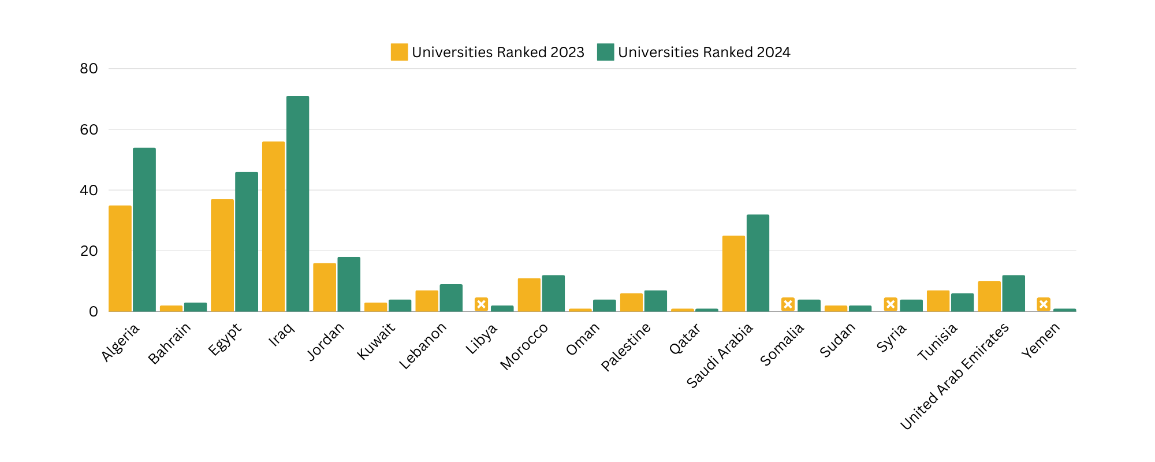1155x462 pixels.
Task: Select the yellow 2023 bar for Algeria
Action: (120, 259)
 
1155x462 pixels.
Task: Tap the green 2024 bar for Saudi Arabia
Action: (758, 263)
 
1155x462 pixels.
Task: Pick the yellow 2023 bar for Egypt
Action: (222, 255)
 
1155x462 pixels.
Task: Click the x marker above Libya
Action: (481, 304)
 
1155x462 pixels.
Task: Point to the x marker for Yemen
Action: (1043, 304)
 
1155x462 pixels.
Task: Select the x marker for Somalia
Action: (788, 304)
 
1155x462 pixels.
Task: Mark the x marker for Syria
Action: (891, 304)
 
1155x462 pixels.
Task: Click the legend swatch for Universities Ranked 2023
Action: (399, 52)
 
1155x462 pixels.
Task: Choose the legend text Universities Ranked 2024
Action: (703, 52)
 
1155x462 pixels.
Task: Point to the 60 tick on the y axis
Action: (89, 129)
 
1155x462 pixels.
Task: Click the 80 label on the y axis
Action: (89, 69)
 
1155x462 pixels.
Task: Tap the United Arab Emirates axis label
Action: (955, 376)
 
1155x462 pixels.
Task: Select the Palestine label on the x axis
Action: (626, 346)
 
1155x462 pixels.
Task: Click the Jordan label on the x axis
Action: (326, 341)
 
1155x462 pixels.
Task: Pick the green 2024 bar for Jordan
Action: (349, 284)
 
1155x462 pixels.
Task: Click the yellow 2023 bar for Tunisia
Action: (938, 301)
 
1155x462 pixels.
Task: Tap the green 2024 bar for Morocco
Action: (553, 293)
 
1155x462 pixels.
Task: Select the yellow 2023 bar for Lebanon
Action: (427, 301)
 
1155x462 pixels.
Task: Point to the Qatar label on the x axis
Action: (685, 339)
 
